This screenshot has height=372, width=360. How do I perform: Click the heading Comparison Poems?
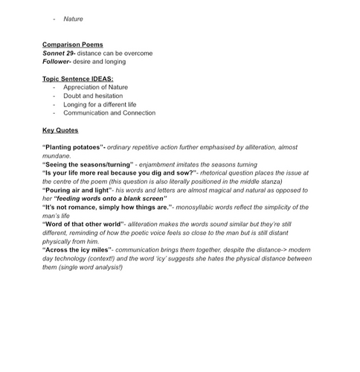[x=73, y=45]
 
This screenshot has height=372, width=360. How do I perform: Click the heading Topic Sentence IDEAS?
[x=77, y=79]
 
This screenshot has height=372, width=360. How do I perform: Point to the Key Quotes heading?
[x=65, y=130]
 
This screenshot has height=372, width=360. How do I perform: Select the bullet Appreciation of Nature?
[x=100, y=88]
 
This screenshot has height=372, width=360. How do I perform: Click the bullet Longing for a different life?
[x=105, y=105]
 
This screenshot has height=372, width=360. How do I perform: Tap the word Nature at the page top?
[x=73, y=19]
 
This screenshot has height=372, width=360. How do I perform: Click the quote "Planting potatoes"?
[x=74, y=148]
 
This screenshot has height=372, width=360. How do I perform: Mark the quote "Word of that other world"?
[x=83, y=224]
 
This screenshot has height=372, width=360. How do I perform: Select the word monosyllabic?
[x=199, y=207]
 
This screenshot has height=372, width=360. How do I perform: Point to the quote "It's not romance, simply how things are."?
[x=107, y=207]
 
